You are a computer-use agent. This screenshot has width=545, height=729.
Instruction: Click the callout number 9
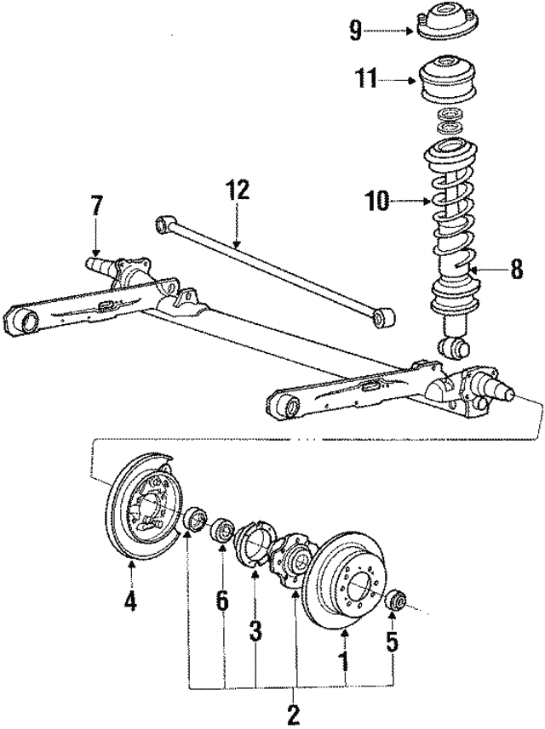point(355,31)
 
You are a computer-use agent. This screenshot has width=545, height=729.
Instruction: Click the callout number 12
point(238,191)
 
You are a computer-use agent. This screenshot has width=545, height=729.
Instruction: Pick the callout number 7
point(96,206)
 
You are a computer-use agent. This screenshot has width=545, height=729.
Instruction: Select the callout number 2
point(294,712)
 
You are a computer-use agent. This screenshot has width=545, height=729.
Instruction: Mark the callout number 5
point(393,640)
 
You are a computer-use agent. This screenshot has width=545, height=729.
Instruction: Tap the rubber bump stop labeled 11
point(446,79)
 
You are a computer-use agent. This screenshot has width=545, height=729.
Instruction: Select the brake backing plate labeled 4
point(145,508)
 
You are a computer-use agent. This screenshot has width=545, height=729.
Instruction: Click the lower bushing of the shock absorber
point(451,348)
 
